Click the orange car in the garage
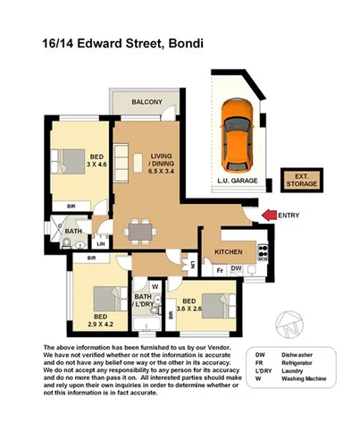239,137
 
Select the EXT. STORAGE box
301,179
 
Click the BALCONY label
147,103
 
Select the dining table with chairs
138,232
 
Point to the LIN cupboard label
101,242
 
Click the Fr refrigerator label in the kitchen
220,268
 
